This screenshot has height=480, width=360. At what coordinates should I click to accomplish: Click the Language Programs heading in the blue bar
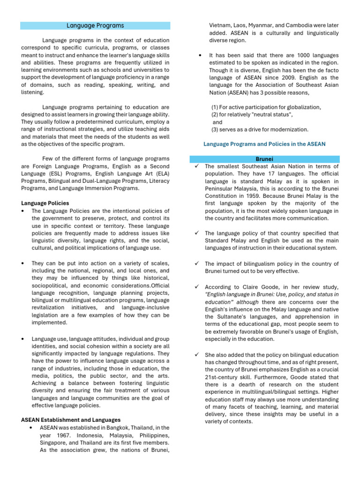coord(95,25)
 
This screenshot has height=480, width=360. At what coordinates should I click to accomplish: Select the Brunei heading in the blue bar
coord(265,159)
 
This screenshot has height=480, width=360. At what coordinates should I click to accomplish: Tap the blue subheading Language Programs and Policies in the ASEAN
coord(264,143)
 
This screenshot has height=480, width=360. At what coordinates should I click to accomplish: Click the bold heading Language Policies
coord(45,203)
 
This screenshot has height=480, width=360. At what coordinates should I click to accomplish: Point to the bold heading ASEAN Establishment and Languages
coord(71,420)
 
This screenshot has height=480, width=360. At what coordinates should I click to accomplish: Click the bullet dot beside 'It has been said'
coord(200,55)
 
